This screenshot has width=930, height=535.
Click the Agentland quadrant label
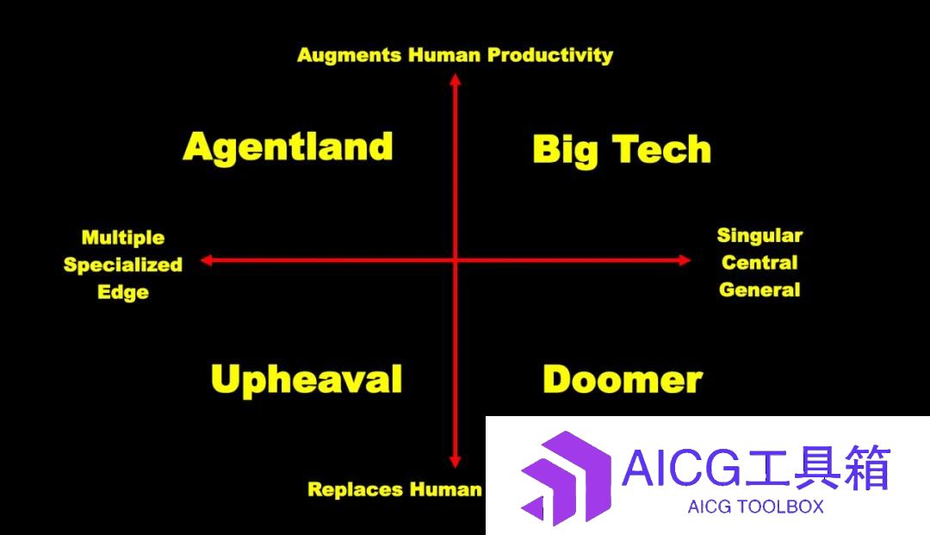coord(288,147)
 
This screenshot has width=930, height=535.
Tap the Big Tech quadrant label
coord(622,149)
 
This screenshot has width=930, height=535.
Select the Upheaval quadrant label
coord(307,380)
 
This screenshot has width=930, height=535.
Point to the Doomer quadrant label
coord(623,380)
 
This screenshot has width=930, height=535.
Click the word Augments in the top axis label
coord(349,56)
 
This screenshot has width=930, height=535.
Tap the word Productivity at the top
coord(549,55)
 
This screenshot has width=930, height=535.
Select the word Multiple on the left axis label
coord(123,238)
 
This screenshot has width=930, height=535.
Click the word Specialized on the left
coord(123,265)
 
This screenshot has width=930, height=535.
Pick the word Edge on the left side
coord(123,292)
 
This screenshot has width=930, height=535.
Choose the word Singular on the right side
coord(759,235)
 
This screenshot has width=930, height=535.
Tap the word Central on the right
coord(759,262)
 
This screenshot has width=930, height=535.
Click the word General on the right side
coord(759,290)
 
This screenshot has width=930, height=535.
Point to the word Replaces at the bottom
coord(355,489)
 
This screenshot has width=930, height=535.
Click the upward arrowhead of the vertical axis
coord(455,79)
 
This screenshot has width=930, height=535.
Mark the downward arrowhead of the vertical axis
coord(455,462)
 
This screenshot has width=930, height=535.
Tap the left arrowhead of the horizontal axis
coord(207,260)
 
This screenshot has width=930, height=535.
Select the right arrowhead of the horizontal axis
coord(685,260)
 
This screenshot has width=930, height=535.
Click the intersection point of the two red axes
coord(455,260)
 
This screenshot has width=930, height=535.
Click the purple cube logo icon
coord(566,477)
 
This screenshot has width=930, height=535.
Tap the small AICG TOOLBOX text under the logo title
coord(756,507)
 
